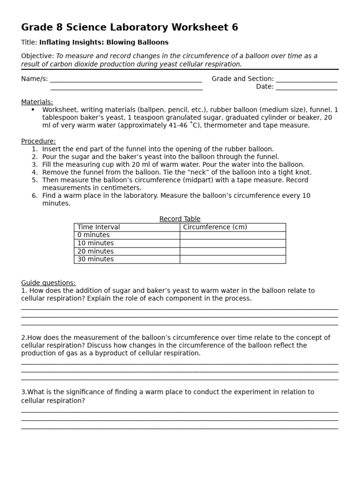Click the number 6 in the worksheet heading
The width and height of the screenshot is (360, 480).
(234, 28)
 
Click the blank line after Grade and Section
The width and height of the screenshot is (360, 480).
(307, 79)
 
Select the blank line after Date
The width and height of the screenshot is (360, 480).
(307, 87)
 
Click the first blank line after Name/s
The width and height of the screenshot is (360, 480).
(126, 79)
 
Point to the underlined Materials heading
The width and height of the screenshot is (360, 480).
(37, 102)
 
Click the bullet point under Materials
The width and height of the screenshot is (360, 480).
(33, 110)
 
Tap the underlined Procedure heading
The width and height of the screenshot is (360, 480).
(38, 141)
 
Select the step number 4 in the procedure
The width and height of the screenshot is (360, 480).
(35, 172)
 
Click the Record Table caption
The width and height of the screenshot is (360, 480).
(180, 219)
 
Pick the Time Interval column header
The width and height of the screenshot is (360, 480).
(98, 227)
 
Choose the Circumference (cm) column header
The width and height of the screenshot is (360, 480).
(215, 227)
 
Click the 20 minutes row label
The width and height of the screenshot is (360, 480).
(96, 251)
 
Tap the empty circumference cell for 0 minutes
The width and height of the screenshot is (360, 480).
(232, 235)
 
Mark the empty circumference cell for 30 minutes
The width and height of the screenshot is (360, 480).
(232, 259)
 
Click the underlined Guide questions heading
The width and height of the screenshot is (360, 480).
(48, 283)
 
